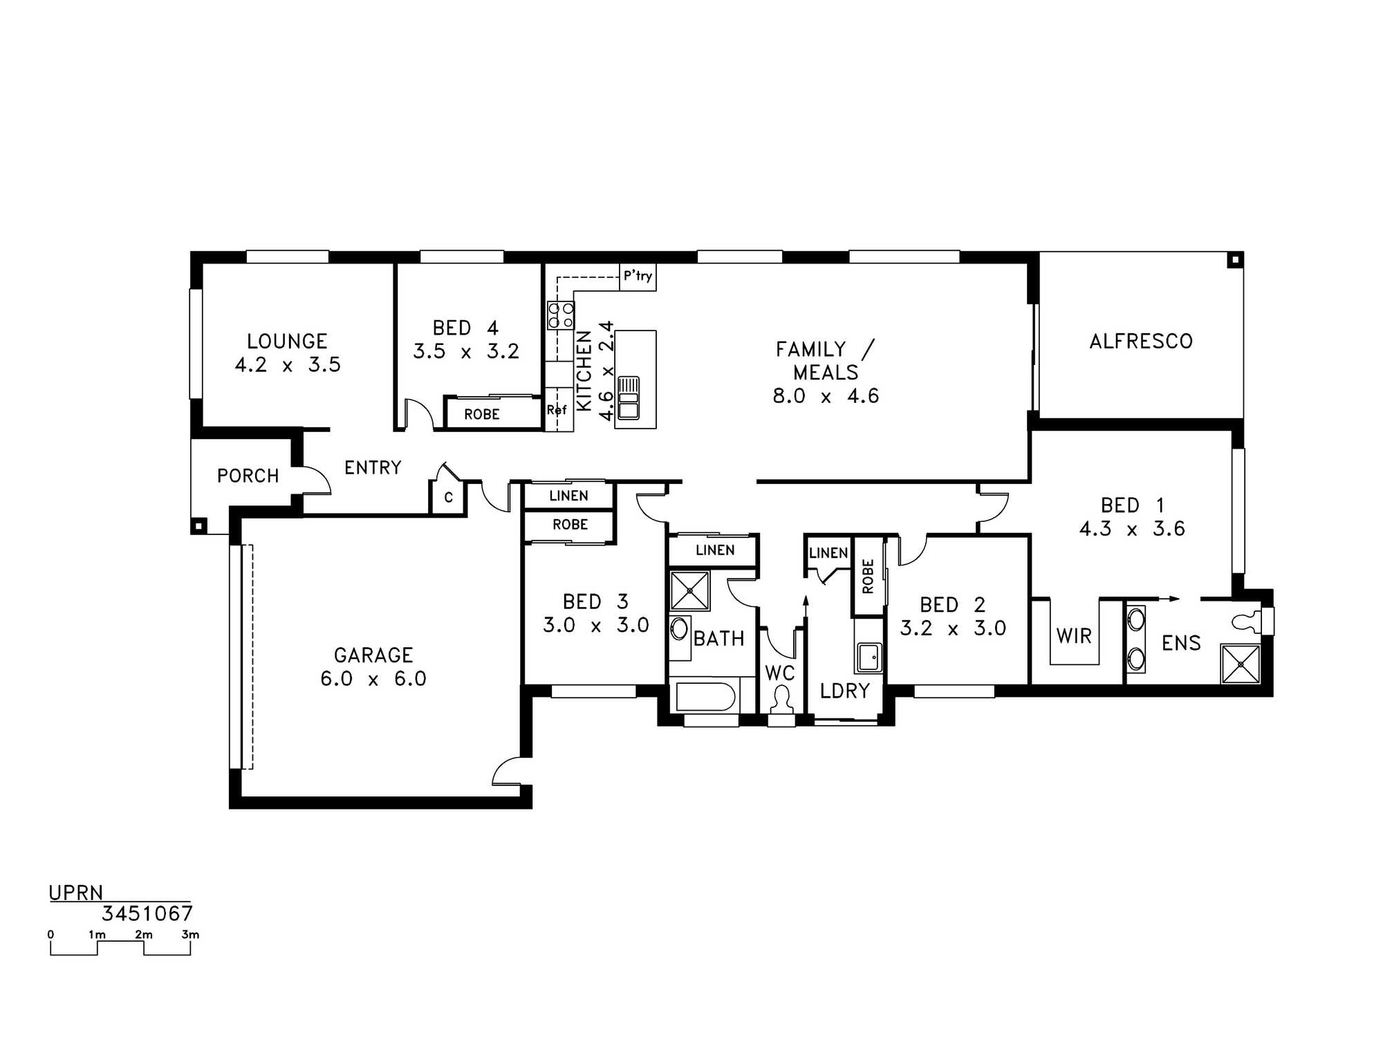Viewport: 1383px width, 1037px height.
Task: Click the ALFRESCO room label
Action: pyautogui.click(x=1141, y=341)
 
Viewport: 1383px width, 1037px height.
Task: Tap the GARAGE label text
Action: pyautogui.click(x=373, y=655)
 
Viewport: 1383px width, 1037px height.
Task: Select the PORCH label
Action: pyautogui.click(x=248, y=476)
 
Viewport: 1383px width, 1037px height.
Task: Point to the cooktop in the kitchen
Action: pyautogui.click(x=560, y=315)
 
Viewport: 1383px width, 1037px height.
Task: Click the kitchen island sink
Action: pyautogui.click(x=629, y=398)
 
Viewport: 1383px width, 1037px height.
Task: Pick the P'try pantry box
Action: pyautogui.click(x=638, y=277)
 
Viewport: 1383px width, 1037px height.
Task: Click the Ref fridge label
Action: pyautogui.click(x=556, y=410)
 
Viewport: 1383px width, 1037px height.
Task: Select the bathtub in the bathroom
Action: pyautogui.click(x=705, y=697)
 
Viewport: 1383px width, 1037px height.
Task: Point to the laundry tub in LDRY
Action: pyautogui.click(x=869, y=657)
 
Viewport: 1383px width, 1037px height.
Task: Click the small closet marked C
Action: pyautogui.click(x=448, y=497)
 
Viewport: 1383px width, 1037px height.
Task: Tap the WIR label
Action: pyautogui.click(x=1074, y=636)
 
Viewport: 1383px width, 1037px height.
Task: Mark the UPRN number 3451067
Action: pyautogui.click(x=147, y=914)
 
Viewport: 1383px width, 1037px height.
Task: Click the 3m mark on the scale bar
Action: pyautogui.click(x=190, y=935)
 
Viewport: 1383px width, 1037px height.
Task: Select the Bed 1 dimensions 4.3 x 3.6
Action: pyautogui.click(x=1132, y=529)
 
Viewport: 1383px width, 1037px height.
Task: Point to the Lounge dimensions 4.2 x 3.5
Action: pyautogui.click(x=288, y=365)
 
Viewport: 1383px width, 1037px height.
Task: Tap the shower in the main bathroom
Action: pyautogui.click(x=690, y=591)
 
